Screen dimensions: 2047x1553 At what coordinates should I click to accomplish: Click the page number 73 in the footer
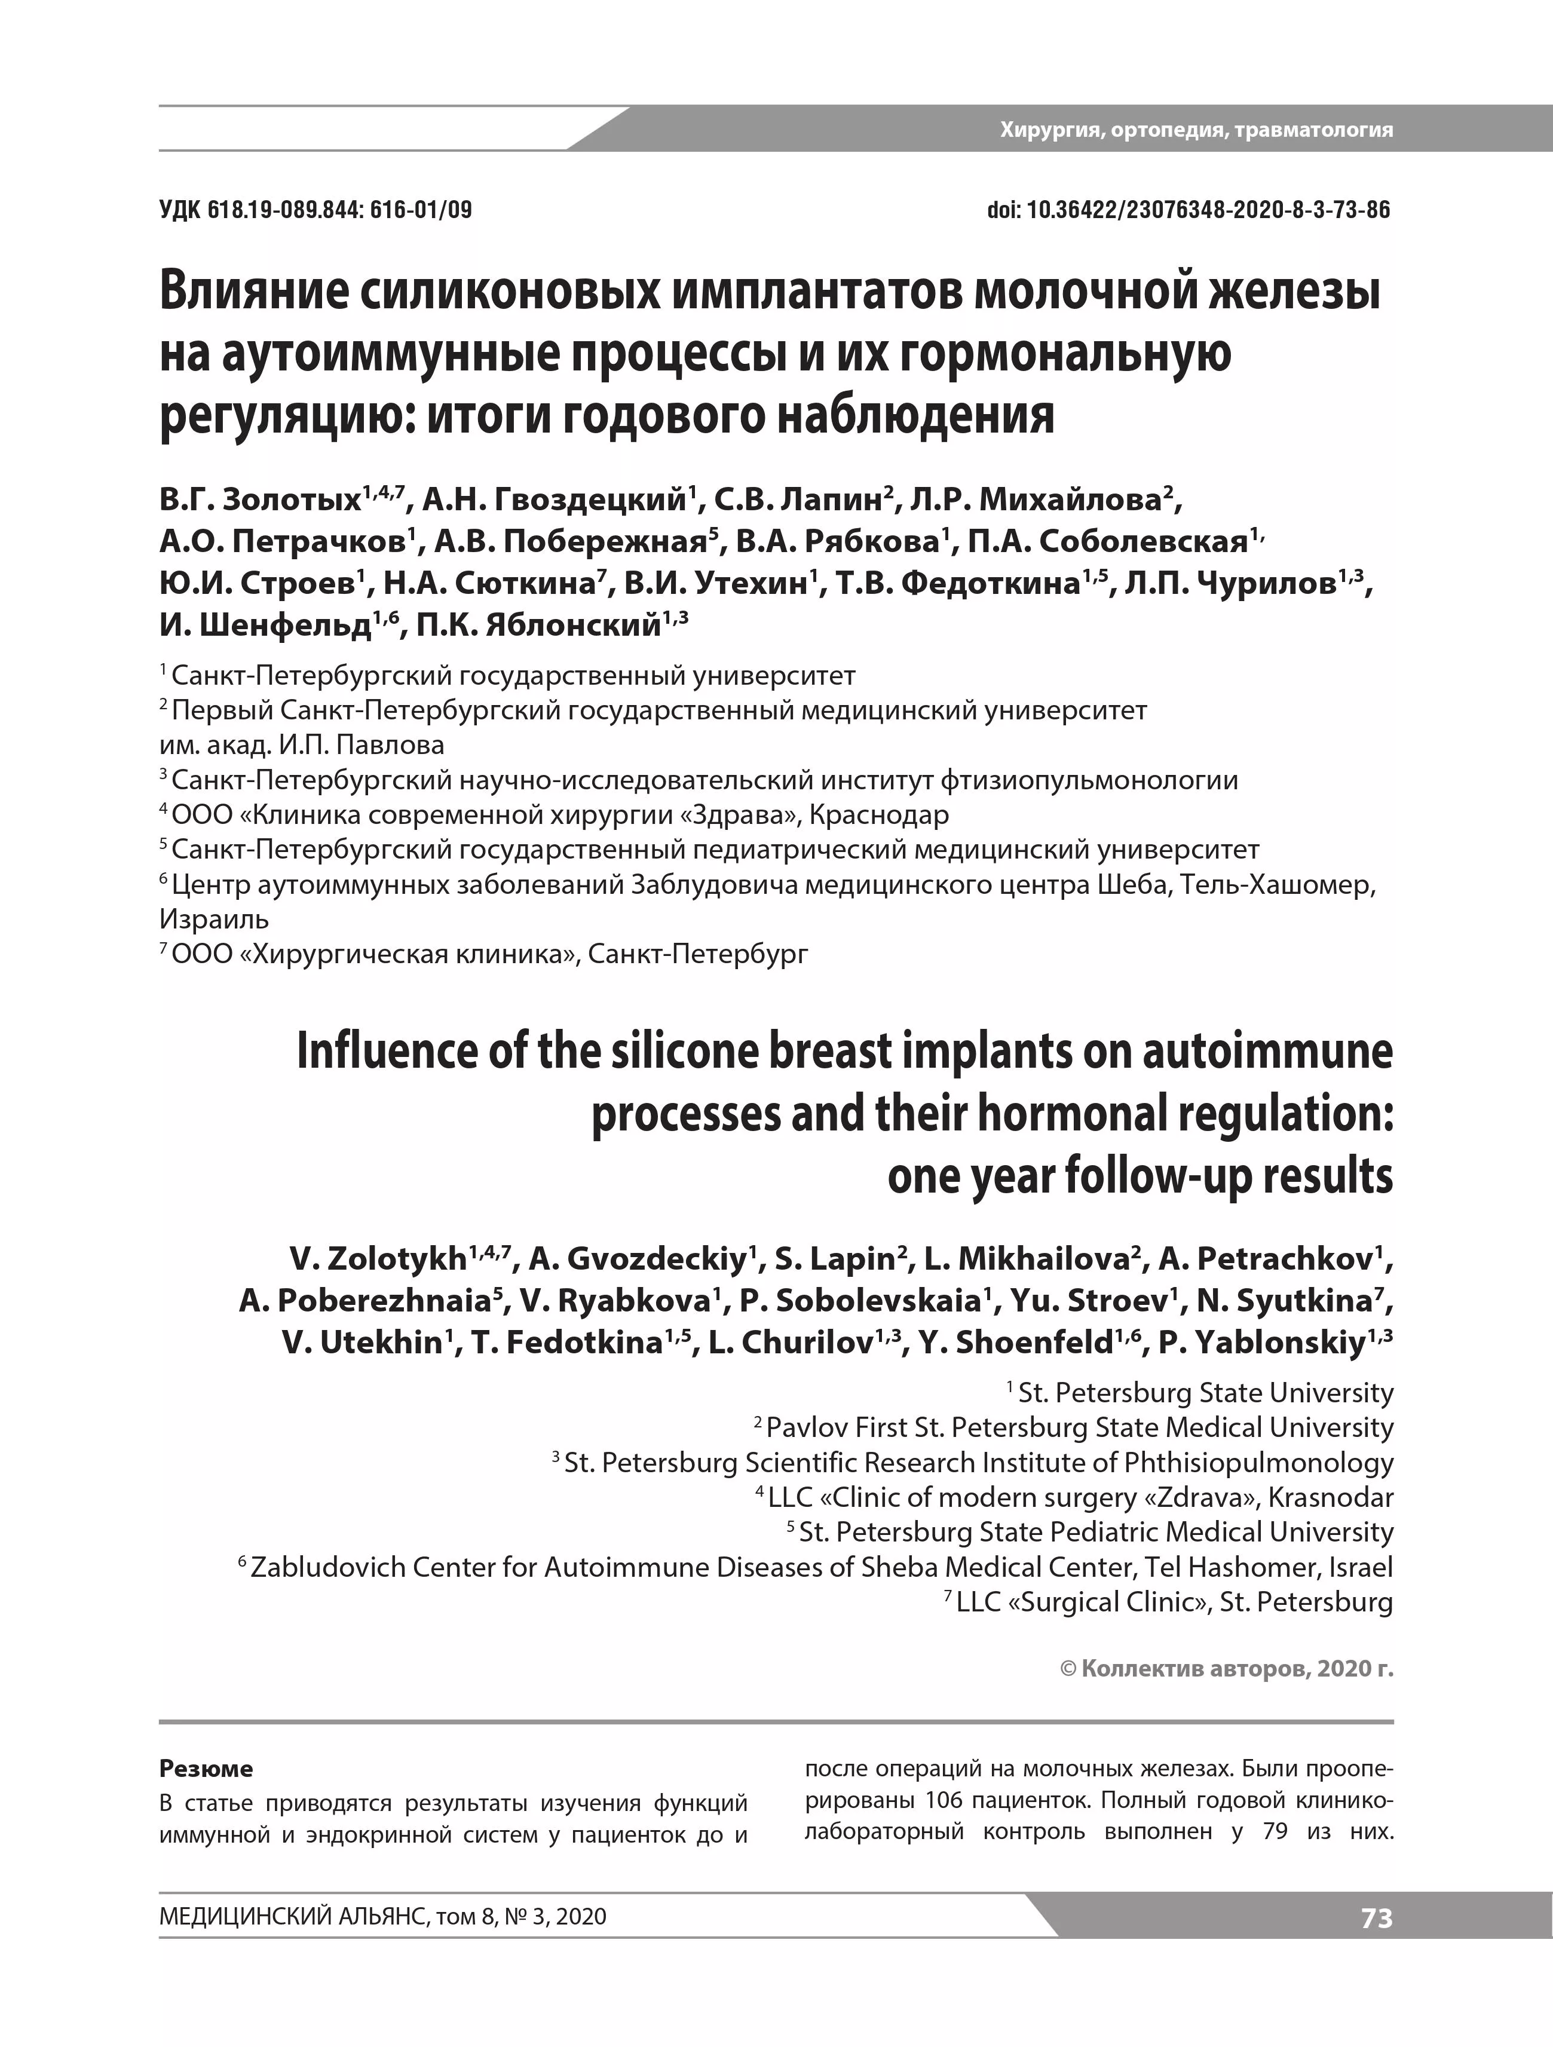(1376, 1919)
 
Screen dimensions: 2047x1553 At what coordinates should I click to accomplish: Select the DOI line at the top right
(1189, 210)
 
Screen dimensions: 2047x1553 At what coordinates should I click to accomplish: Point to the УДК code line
(315, 210)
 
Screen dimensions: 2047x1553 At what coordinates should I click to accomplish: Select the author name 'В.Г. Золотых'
(259, 501)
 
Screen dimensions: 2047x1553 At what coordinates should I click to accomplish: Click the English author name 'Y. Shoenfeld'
(1015, 1343)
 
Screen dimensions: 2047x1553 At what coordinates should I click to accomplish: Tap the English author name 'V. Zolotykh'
(378, 1260)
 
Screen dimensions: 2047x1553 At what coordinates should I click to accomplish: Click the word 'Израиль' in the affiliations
(214, 919)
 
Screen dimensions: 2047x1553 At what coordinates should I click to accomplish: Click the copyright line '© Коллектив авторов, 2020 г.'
(1226, 1669)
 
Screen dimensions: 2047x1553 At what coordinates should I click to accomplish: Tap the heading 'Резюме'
(206, 1769)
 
